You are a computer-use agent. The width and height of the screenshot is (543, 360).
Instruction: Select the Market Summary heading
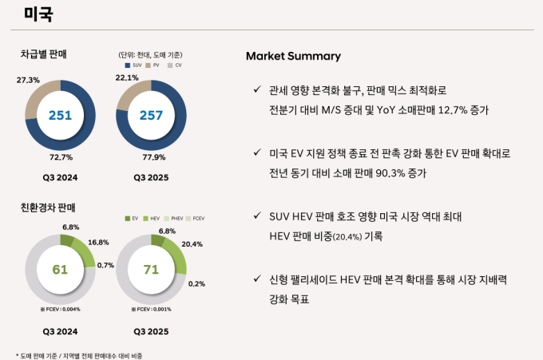click(293, 56)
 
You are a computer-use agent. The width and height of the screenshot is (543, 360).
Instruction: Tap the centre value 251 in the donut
click(60, 116)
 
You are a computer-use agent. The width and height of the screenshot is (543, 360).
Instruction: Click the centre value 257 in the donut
click(151, 116)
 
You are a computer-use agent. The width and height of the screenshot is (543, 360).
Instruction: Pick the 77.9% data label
click(153, 157)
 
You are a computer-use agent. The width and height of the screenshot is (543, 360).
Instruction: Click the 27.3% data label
click(28, 80)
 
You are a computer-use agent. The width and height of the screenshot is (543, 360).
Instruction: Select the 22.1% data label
click(128, 77)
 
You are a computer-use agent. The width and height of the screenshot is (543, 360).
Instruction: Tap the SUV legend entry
click(134, 65)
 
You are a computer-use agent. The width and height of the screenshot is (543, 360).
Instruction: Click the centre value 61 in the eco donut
click(60, 269)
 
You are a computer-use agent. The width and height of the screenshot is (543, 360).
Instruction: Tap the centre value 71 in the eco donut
click(151, 269)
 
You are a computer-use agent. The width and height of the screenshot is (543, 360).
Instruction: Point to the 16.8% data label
click(98, 242)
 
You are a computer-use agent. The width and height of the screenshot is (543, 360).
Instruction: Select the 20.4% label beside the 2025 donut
click(192, 243)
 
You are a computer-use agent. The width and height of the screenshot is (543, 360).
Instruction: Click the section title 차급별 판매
click(43, 54)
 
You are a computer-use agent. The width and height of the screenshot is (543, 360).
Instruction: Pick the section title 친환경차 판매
click(47, 208)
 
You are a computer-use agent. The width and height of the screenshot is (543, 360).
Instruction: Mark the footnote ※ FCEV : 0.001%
click(151, 309)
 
